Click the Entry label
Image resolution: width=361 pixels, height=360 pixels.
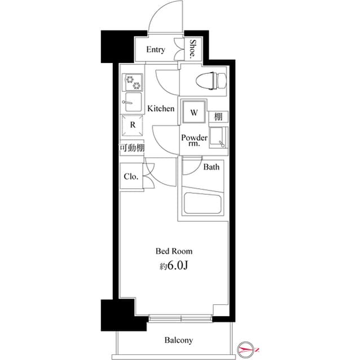(x=156, y=50)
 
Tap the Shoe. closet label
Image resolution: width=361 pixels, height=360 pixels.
(x=193, y=49)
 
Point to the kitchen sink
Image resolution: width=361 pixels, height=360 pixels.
(x=132, y=103)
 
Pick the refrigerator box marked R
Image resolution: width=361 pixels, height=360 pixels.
(x=132, y=125)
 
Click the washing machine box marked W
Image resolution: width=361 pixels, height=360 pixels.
(x=193, y=112)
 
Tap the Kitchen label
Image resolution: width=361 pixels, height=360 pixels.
(x=161, y=108)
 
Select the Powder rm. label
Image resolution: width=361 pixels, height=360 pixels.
(x=194, y=140)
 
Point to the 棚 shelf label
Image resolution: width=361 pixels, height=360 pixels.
(x=217, y=116)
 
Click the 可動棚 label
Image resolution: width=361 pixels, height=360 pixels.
(x=131, y=148)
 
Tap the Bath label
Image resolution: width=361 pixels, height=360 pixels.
(x=212, y=167)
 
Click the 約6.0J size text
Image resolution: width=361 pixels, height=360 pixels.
(x=174, y=265)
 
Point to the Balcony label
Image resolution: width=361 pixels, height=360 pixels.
(x=179, y=340)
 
